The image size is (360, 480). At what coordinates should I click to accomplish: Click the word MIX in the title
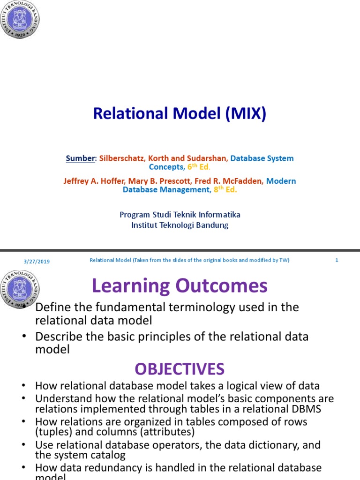[x=239, y=113]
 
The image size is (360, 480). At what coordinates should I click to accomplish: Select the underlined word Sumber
[x=81, y=158]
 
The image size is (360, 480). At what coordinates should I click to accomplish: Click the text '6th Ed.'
[x=198, y=167]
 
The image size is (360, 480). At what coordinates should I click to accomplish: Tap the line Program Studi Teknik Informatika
[x=180, y=215]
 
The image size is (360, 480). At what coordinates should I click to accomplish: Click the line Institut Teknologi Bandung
[x=180, y=225]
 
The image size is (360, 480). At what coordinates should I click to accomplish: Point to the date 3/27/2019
[x=37, y=261]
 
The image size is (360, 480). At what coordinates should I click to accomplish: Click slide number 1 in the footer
[x=337, y=261]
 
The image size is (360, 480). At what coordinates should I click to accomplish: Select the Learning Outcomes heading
[x=180, y=285]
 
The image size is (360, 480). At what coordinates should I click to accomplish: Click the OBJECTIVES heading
[x=180, y=369]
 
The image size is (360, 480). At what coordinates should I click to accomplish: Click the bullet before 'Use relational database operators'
[x=23, y=444]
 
